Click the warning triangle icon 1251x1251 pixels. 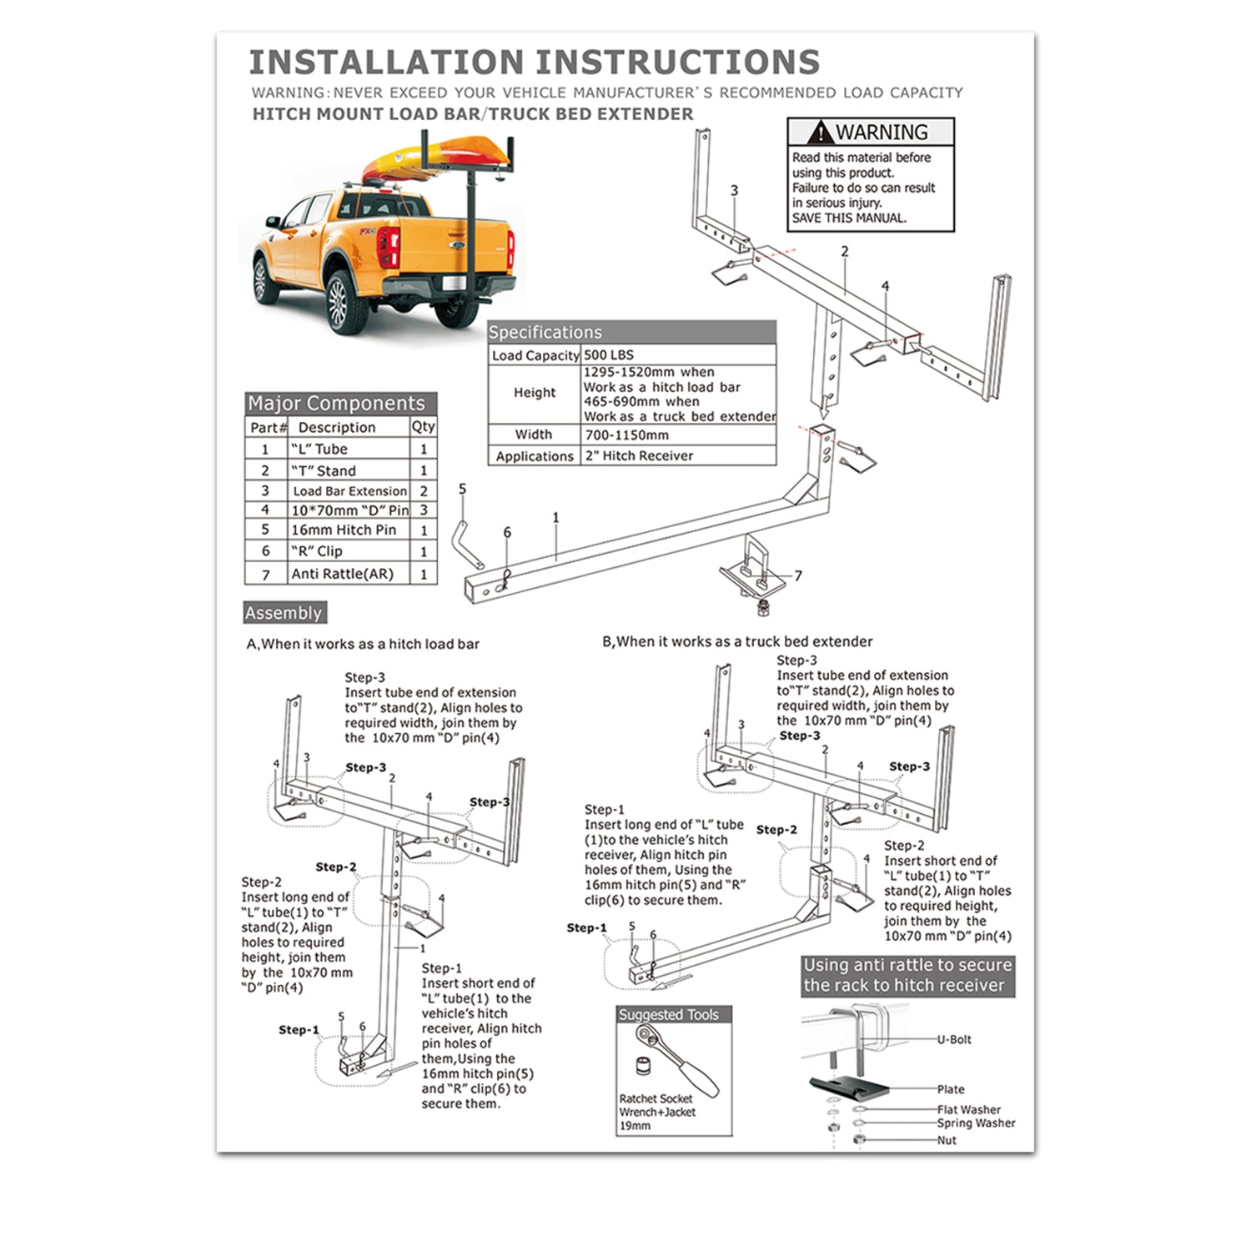pyautogui.click(x=821, y=133)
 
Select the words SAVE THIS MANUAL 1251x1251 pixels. pyautogui.click(x=848, y=219)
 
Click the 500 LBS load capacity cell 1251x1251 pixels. pyautogui.click(x=608, y=355)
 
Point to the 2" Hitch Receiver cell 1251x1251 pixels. pyautogui.click(x=639, y=456)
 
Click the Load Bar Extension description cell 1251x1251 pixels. pyautogui.click(x=349, y=491)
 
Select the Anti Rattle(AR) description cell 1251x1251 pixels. pyautogui.click(x=342, y=574)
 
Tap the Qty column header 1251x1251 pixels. pyautogui.click(x=423, y=426)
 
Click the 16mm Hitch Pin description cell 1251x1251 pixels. pyautogui.click(x=344, y=530)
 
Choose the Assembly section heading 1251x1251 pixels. pyautogui.click(x=284, y=613)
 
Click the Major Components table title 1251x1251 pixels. pyautogui.click(x=336, y=404)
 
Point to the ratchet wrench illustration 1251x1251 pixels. pyautogui.click(x=676, y=1060)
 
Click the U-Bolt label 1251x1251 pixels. pyautogui.click(x=954, y=1040)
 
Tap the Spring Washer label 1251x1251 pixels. pyautogui.click(x=976, y=1123)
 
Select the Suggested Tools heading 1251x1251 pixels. pyautogui.click(x=668, y=1015)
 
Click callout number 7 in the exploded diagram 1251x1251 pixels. pyautogui.click(x=798, y=575)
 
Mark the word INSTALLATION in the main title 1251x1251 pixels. pyautogui.click(x=385, y=63)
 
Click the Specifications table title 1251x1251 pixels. pyautogui.click(x=545, y=333)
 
